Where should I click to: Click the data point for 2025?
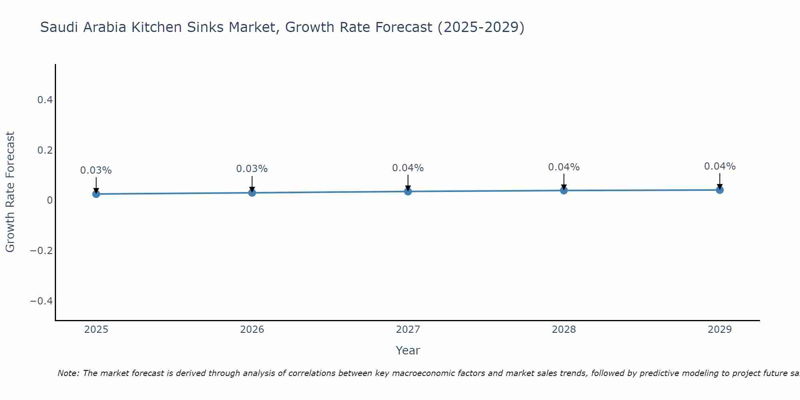point(96,194)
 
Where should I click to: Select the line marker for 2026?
point(252,193)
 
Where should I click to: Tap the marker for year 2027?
point(408,192)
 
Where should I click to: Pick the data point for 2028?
point(564,190)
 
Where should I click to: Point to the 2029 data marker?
point(720,190)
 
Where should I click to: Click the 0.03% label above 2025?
point(96,170)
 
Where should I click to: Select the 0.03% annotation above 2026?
point(252,169)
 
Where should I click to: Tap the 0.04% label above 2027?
point(408,168)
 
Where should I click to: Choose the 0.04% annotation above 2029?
point(720,166)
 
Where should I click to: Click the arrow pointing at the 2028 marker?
point(564,182)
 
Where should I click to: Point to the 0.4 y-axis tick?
point(45,100)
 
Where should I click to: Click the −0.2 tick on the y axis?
point(42,251)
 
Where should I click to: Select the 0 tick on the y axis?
point(50,200)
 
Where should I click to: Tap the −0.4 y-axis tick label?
point(42,301)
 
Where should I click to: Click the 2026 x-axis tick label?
point(252,330)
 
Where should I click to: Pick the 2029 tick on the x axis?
point(720,330)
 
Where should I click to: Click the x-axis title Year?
point(408,350)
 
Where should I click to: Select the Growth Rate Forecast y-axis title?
point(10,192)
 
